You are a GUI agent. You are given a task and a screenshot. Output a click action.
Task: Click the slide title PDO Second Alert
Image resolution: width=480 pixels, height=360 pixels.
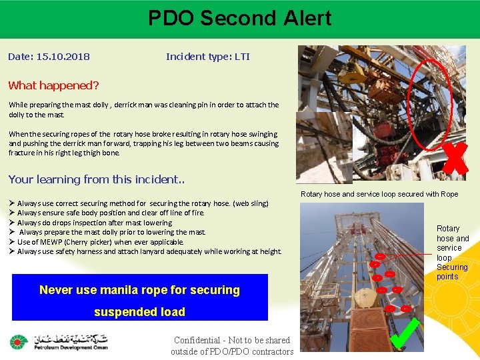pos(239,18)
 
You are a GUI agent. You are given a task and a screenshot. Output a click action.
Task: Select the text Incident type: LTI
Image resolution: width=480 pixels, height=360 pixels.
pos(207,57)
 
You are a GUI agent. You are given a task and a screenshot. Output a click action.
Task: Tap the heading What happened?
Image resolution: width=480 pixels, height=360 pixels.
pos(53,85)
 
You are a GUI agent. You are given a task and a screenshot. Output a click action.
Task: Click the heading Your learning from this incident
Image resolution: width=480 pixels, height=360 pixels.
pos(96,179)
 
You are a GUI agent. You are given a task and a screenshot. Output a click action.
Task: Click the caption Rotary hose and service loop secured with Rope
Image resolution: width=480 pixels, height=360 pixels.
pos(379,194)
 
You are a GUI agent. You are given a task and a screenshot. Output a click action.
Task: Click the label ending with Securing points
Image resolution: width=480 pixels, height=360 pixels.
pos(453,252)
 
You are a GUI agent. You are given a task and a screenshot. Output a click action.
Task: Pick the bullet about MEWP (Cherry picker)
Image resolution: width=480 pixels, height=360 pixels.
pos(100,242)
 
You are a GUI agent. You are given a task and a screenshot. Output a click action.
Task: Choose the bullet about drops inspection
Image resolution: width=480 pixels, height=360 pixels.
pos(94,223)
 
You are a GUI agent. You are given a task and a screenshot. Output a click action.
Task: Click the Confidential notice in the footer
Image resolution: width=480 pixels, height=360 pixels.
pos(231,346)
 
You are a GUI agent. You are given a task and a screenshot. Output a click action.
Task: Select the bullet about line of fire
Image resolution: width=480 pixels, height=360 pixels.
pos(110,213)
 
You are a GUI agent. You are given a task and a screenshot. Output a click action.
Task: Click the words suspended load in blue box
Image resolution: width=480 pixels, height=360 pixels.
pos(139,312)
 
